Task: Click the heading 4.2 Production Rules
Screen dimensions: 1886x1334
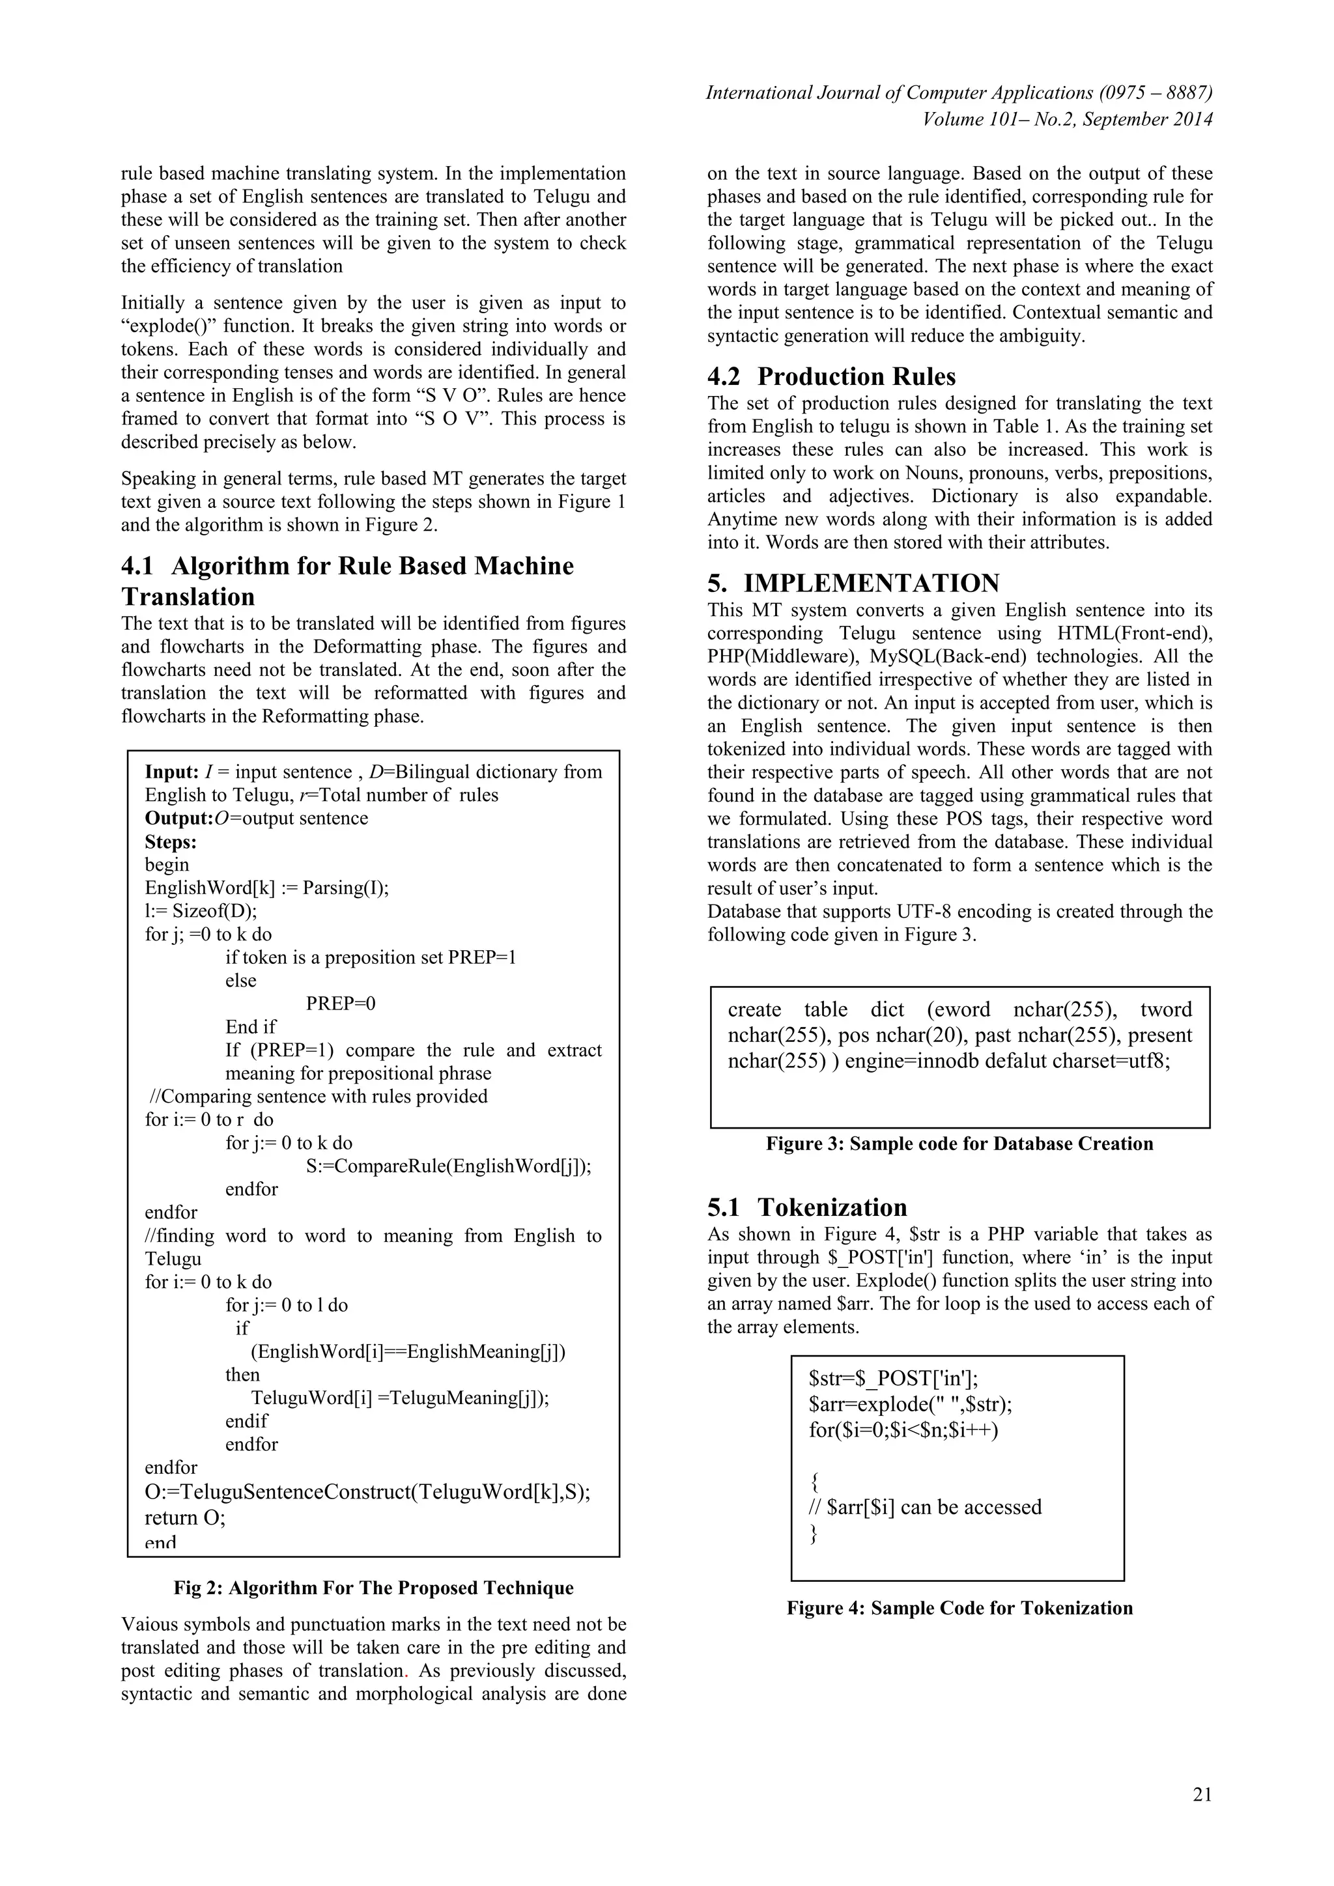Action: pos(831,376)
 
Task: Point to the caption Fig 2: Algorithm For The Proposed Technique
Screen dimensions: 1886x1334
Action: pos(373,1587)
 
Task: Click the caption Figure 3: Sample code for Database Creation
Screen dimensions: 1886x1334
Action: pos(959,1144)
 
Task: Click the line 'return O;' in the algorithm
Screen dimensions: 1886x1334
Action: pos(185,1517)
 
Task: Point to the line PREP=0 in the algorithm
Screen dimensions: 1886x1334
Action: pos(340,1004)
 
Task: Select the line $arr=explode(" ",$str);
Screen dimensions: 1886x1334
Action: pos(910,1404)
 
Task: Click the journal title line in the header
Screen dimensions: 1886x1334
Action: pos(959,93)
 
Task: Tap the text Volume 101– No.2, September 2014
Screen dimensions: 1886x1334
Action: pos(1067,119)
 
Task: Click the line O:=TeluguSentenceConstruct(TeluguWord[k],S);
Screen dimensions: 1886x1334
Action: pos(367,1492)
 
